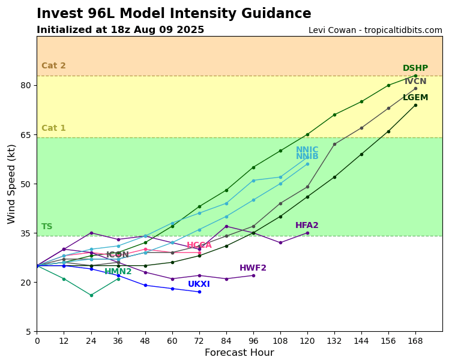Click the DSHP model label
pos(415,68)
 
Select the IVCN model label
pos(415,82)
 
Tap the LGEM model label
pos(415,98)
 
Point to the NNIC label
pos(307,150)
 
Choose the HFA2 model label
pos(307,226)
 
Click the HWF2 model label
pos(253,268)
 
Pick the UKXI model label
pos(199,284)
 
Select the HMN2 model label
pos(118,272)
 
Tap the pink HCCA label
pos(199,245)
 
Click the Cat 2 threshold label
pos(53,66)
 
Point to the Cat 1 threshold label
pos(53,128)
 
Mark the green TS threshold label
pos(47,227)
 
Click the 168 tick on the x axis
pos(415,340)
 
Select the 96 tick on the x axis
pos(253,340)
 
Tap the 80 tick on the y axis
pos(26,85)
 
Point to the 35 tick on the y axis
pos(26,233)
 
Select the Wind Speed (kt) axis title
pos(12,184)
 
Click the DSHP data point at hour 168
pos(415,76)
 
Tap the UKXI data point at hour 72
pos(199,292)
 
